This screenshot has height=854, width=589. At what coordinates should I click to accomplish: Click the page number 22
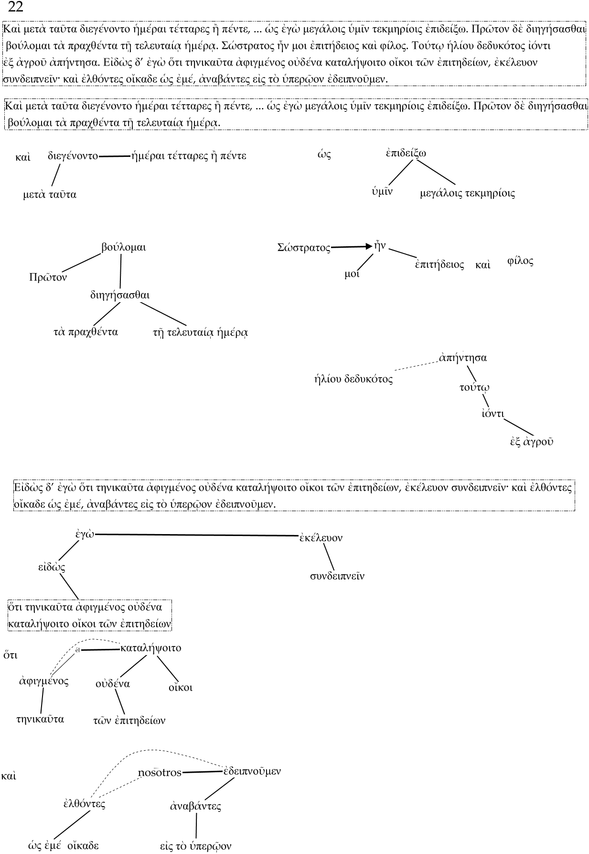[16, 7]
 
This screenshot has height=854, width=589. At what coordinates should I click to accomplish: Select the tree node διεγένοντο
[73, 156]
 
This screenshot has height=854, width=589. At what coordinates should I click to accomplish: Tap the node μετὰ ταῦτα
[50, 195]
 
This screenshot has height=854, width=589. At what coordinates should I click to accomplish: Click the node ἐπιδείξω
[406, 153]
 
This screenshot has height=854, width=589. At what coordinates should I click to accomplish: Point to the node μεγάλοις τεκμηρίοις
[467, 194]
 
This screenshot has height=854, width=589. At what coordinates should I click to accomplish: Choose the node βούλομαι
[123, 248]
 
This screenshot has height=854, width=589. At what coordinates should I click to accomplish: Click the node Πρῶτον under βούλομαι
[48, 278]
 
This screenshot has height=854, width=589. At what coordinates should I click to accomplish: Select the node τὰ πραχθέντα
[86, 332]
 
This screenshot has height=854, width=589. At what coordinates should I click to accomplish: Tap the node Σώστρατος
[304, 248]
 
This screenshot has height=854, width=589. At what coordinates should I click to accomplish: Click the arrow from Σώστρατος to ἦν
[351, 247]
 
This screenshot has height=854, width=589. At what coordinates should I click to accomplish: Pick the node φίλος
[520, 262]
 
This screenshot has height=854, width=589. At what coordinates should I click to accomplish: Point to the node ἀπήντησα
[463, 358]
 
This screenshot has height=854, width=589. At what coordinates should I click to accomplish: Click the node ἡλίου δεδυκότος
[353, 380]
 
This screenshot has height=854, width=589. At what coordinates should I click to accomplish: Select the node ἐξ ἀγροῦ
[531, 441]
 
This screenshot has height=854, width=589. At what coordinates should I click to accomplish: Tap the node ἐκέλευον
[321, 538]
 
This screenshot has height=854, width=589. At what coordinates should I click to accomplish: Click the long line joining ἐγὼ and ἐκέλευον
[196, 535]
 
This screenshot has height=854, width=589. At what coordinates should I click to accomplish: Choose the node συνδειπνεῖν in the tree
[337, 576]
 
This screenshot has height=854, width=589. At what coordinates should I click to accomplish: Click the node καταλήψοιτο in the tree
[151, 648]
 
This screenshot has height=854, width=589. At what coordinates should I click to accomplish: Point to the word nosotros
[160, 773]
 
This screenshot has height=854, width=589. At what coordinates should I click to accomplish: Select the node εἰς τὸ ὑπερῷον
[195, 846]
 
